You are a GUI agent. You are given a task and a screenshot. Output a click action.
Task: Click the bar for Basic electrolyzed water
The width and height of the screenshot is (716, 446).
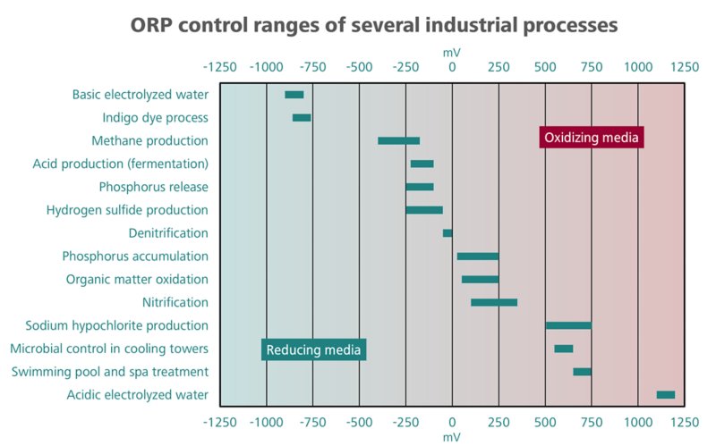click(x=294, y=95)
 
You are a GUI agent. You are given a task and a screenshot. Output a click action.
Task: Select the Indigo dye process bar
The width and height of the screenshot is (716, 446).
click(x=302, y=118)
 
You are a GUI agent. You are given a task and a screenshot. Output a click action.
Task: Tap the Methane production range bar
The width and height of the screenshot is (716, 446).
click(x=398, y=140)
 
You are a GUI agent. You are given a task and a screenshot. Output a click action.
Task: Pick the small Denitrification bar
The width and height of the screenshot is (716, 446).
click(x=447, y=233)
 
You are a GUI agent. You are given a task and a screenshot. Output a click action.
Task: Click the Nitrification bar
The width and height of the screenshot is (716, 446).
click(x=494, y=302)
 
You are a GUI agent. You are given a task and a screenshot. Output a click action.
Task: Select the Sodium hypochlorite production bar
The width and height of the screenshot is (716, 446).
click(x=568, y=325)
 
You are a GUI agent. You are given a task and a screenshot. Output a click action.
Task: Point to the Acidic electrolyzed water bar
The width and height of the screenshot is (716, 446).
click(x=666, y=394)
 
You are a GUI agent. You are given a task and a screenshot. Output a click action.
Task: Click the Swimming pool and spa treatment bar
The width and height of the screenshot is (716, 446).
click(x=582, y=372)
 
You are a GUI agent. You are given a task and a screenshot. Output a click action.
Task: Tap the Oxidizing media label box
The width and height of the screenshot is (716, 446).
click(x=592, y=138)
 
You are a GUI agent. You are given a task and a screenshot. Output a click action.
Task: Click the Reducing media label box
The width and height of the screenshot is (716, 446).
click(x=314, y=349)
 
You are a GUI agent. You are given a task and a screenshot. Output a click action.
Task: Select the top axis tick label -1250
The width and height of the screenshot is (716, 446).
click(x=220, y=67)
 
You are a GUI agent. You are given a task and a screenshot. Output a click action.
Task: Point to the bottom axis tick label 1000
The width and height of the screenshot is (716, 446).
click(x=637, y=421)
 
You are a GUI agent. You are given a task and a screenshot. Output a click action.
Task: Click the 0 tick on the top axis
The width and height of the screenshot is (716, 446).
click(x=452, y=67)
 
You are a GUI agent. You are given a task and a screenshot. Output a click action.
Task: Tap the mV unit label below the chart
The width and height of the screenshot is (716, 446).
click(x=452, y=437)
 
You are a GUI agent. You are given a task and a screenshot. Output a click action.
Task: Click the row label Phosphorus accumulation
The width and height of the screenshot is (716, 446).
click(x=135, y=257)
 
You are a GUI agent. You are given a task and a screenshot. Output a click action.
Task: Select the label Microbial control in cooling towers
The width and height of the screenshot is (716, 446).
click(x=109, y=349)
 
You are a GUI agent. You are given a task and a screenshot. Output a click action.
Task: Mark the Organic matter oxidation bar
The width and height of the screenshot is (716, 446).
click(x=480, y=280)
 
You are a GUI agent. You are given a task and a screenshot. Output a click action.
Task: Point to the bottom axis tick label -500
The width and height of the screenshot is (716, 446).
click(x=359, y=421)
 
